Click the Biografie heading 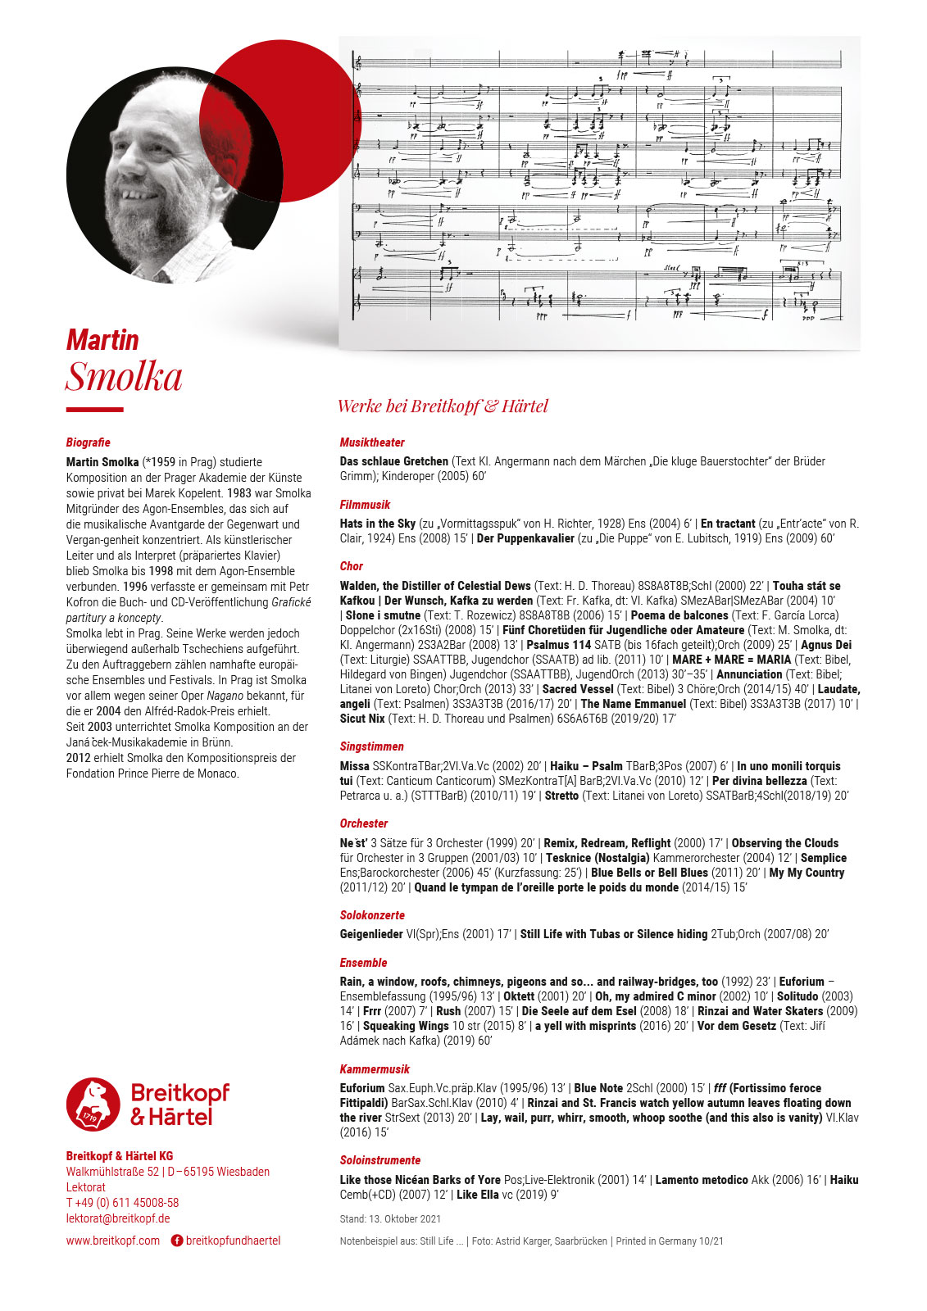click(x=88, y=442)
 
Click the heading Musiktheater click(x=372, y=442)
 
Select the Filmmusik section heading click(x=365, y=505)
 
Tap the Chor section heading click(x=352, y=566)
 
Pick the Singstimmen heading click(x=371, y=746)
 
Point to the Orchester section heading click(x=364, y=823)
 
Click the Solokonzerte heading click(x=372, y=915)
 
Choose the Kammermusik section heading click(x=375, y=1069)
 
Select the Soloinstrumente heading click(x=380, y=1160)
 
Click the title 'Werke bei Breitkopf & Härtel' click(x=443, y=406)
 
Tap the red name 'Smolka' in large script click(x=124, y=377)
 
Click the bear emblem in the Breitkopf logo click(x=93, y=1104)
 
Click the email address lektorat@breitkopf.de click(x=118, y=1218)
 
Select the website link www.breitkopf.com click(x=113, y=1241)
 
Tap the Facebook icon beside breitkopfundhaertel click(x=176, y=1241)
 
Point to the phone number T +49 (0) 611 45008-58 click(x=122, y=1203)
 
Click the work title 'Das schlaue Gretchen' click(x=394, y=461)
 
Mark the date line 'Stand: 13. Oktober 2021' click(x=390, y=1219)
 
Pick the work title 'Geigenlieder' click(x=371, y=934)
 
